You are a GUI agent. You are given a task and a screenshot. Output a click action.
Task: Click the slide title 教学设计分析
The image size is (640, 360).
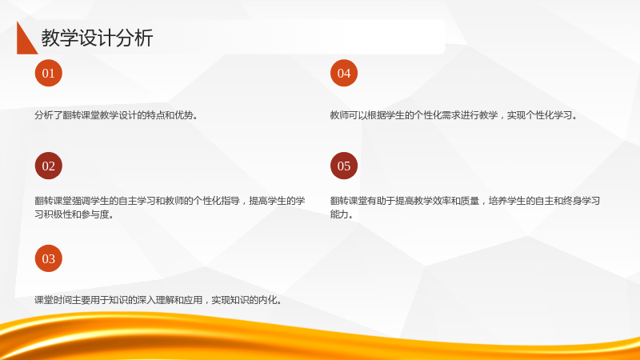coord(97,38)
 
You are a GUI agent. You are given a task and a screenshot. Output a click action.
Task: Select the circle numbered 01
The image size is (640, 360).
coord(49,73)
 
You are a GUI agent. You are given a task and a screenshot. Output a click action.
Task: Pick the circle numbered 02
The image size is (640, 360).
coord(49,166)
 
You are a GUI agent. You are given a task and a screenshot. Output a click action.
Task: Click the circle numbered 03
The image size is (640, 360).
coord(49,258)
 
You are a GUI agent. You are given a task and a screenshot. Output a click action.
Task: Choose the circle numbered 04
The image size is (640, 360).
coord(344,73)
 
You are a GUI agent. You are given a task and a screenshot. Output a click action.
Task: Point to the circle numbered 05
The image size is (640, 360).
coord(344,166)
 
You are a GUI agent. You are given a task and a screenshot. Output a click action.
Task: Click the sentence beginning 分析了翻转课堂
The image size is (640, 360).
coord(116,115)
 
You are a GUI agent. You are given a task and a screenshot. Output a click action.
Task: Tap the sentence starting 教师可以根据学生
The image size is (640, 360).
coord(454,115)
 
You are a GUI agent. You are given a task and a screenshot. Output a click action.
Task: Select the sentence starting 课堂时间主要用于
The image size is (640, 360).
coord(158,300)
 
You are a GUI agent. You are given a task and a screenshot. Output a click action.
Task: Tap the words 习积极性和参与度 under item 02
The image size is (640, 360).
coord(72,214)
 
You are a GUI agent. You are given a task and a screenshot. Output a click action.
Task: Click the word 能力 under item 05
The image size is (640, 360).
coord(339,214)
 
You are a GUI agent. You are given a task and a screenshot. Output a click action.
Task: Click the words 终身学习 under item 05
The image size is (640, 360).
coord(582,201)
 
